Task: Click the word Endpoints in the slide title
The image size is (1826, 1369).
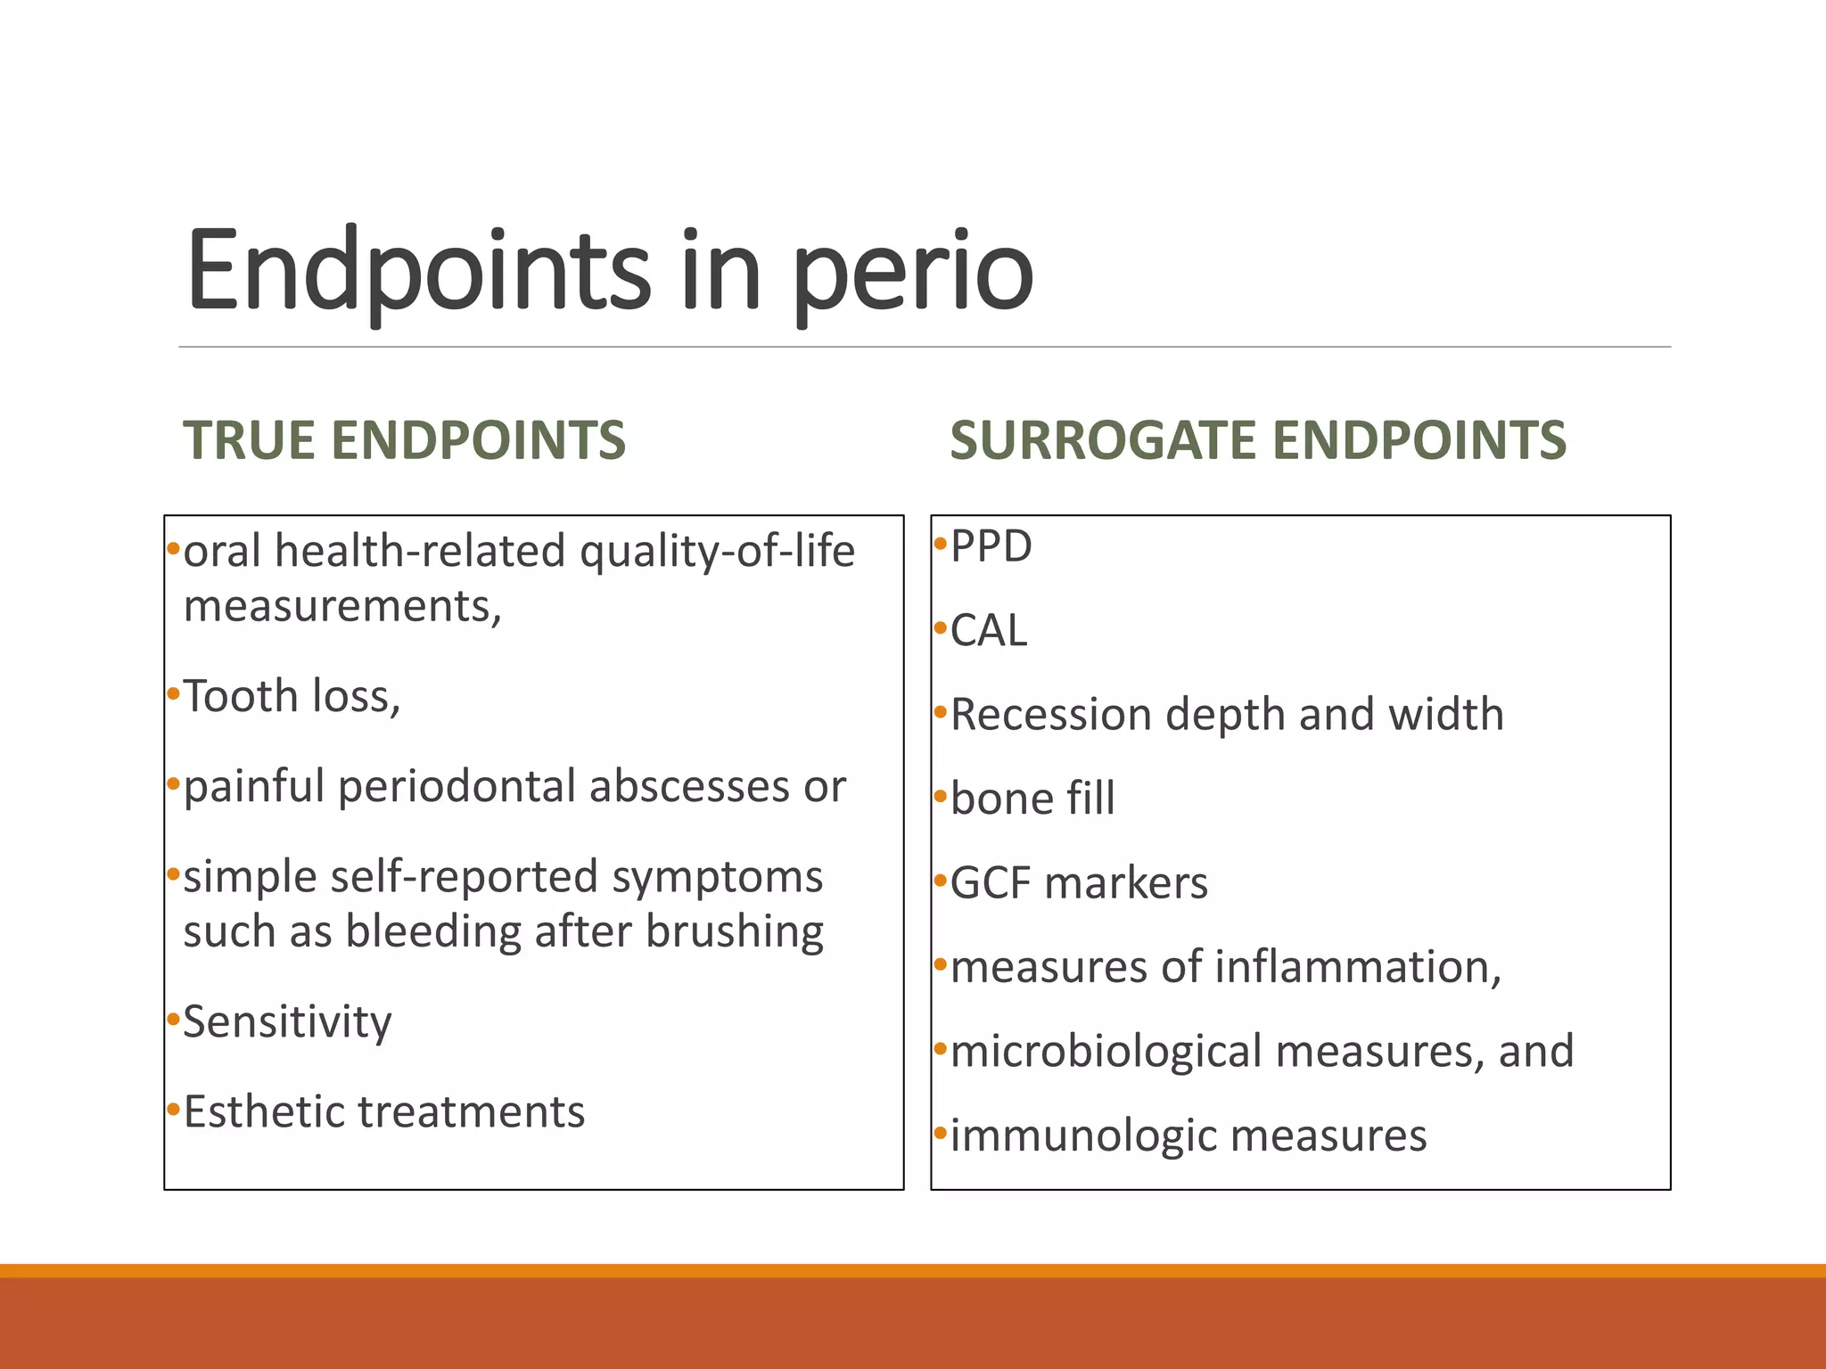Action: pos(419,269)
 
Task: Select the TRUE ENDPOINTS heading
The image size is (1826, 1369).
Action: pos(405,440)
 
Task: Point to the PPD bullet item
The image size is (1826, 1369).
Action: pos(991,546)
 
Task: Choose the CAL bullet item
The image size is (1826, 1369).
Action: pos(989,631)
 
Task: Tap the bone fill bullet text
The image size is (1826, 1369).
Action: pos(1032,799)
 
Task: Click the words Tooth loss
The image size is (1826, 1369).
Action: pos(292,696)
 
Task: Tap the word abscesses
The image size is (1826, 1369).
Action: pos(687,787)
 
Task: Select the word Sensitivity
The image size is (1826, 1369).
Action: pos(287,1022)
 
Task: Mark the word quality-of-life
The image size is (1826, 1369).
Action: pos(717,552)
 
